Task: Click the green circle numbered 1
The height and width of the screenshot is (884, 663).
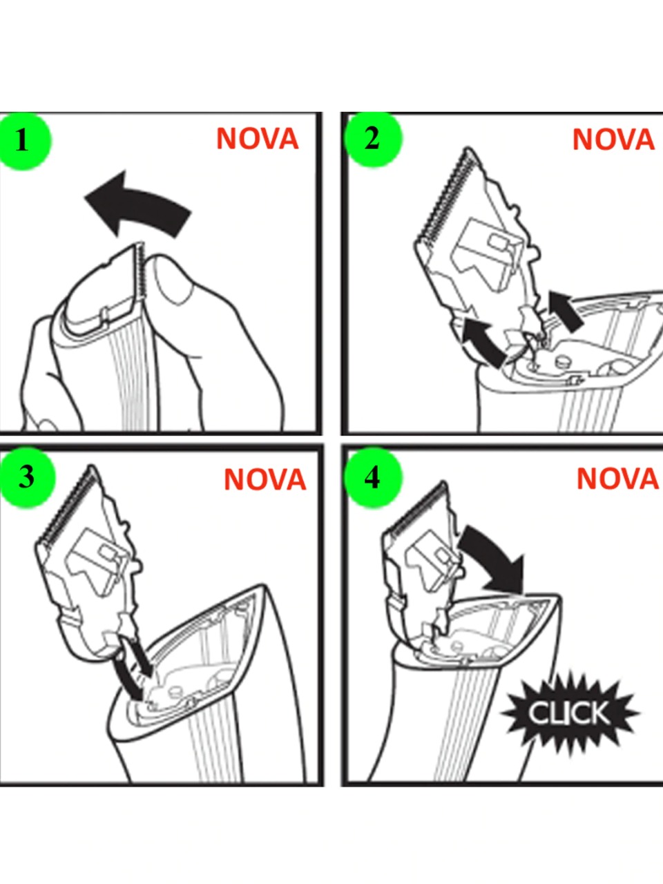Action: point(23,141)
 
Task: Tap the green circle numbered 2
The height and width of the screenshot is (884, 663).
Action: point(373,139)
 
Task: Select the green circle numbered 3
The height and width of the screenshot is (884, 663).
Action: point(26,477)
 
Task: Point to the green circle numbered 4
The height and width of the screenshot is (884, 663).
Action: point(373,478)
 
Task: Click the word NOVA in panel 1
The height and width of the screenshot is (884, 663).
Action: point(257,139)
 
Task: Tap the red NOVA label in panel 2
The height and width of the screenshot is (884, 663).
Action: point(613,140)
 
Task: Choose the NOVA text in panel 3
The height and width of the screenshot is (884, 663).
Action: point(265,479)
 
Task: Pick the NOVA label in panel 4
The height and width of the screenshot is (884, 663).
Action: point(618,479)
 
